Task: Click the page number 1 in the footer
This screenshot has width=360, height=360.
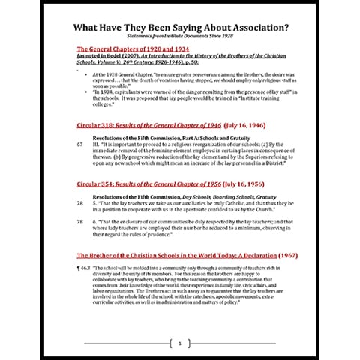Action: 180,343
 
